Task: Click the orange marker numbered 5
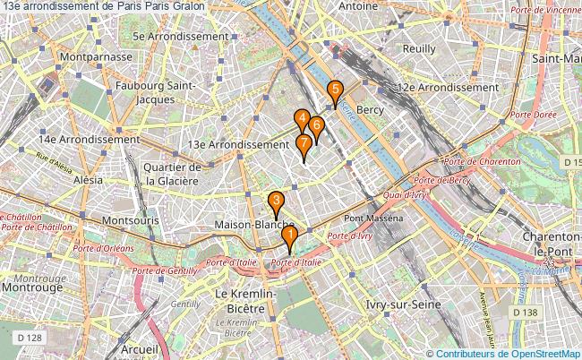tap(335, 90)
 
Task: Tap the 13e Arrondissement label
tap(239, 143)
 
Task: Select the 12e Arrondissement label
tap(448, 88)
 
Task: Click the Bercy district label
tap(370, 109)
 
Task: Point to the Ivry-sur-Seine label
tap(403, 305)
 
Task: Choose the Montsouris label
tap(131, 219)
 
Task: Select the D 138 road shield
tap(524, 312)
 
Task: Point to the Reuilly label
tap(419, 49)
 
